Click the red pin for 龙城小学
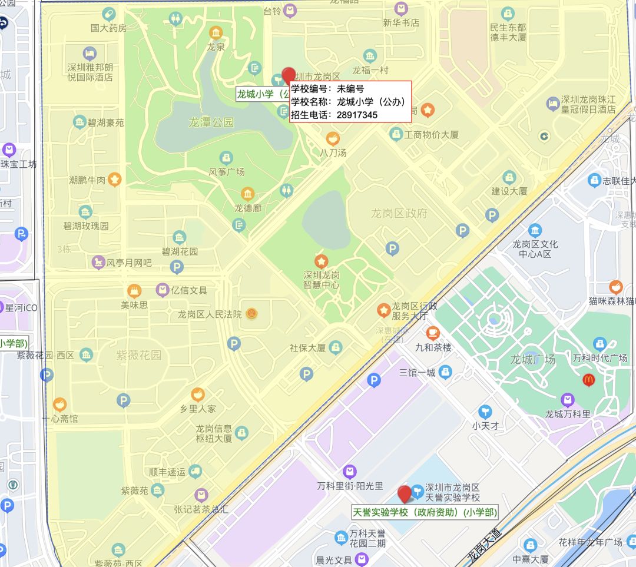289,76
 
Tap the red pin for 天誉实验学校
404,494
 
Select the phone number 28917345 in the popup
357,115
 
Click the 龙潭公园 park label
211,122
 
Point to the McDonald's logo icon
588,380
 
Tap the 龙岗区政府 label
399,213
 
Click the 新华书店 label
401,23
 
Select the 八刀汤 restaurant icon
333,139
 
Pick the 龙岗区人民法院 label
210,314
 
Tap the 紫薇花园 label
138,355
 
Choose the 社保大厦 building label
307,348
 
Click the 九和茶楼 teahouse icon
433,333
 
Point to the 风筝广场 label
227,172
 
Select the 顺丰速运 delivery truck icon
195,470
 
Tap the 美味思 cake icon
134,291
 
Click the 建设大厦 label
509,191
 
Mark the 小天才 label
485,425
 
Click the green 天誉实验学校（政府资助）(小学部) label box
424,512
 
